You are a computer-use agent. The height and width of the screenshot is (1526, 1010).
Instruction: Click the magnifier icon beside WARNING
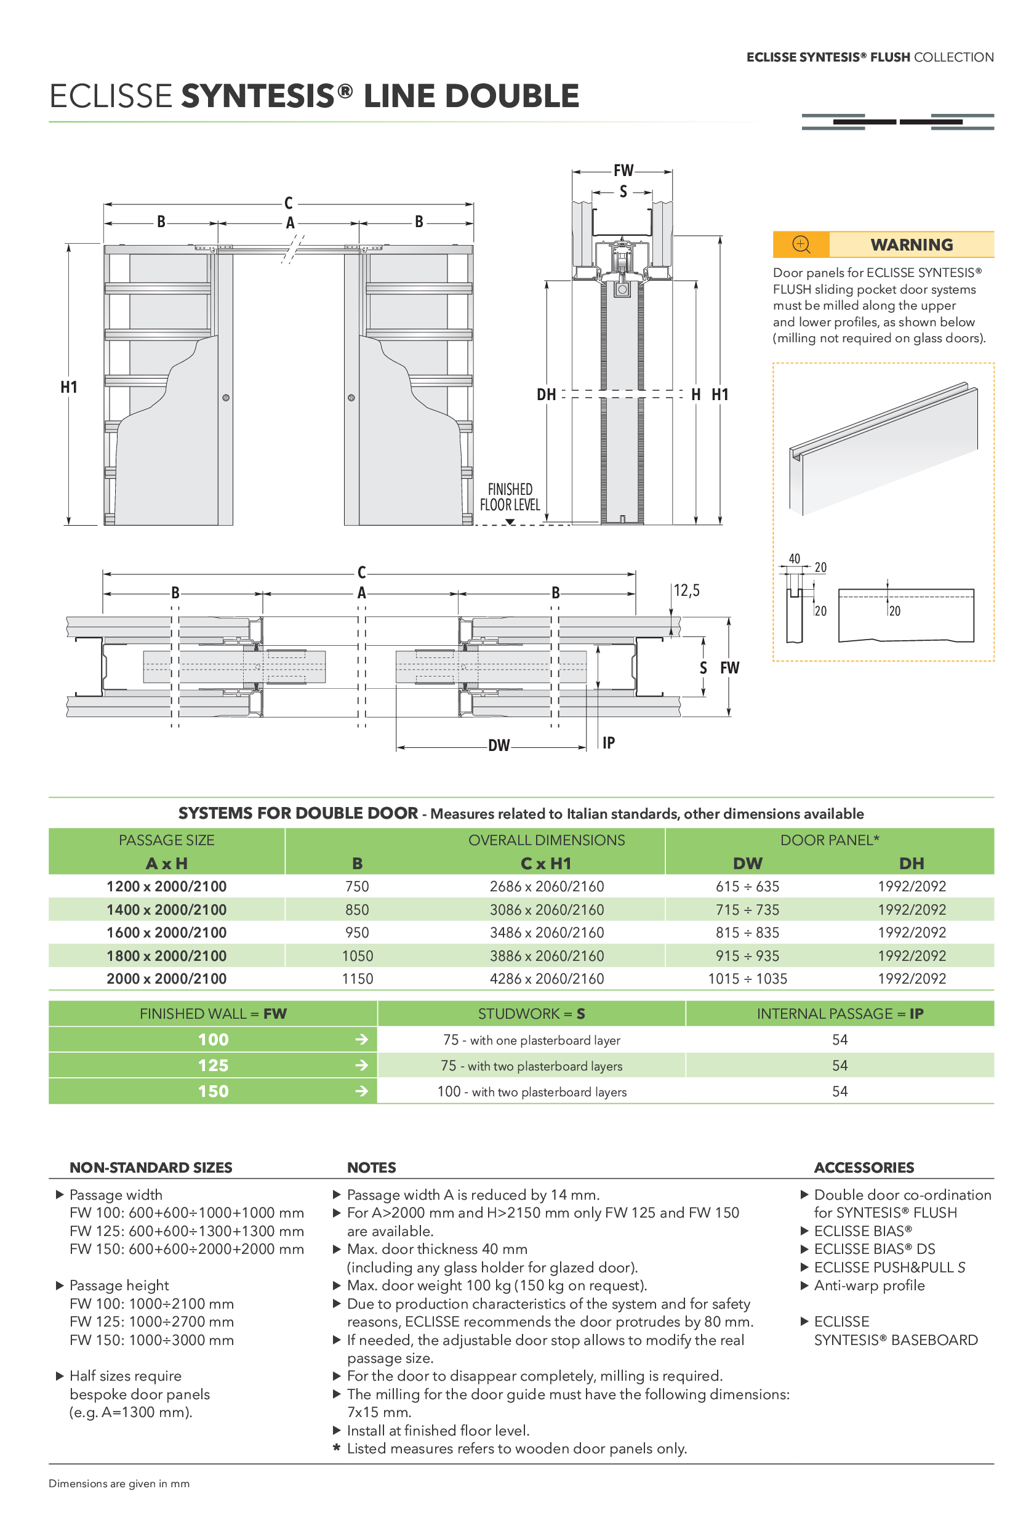tap(801, 244)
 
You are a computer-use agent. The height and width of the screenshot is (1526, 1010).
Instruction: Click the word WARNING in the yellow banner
tap(911, 245)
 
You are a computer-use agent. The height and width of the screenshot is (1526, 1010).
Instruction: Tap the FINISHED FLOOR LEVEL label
tap(510, 497)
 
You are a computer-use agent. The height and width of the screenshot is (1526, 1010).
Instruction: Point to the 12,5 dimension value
tap(686, 590)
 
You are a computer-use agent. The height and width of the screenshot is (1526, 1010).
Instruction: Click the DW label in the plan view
tap(499, 745)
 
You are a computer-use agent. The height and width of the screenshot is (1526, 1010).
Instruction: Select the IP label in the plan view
tap(608, 743)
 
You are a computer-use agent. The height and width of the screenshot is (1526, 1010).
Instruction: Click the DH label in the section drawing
tap(546, 394)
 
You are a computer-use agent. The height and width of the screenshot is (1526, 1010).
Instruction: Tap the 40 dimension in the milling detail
tap(794, 558)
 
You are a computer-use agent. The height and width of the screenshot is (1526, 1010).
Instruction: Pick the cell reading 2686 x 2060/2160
tap(546, 886)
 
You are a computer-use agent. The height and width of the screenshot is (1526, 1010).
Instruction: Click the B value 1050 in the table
tap(357, 956)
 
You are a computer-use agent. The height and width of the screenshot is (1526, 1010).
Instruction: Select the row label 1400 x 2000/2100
tap(166, 910)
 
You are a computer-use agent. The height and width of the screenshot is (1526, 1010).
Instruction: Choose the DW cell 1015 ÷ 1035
tap(747, 979)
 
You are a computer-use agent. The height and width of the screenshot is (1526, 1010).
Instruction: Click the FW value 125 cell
tap(212, 1066)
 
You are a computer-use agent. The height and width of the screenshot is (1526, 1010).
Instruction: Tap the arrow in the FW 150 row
tap(362, 1091)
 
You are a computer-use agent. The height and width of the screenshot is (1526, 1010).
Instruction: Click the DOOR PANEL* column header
tap(829, 840)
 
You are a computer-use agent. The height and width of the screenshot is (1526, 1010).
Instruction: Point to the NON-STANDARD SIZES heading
tap(151, 1167)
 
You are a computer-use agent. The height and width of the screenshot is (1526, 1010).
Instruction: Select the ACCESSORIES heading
tap(864, 1167)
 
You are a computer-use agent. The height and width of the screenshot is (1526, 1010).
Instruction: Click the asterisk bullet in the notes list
tap(336, 1448)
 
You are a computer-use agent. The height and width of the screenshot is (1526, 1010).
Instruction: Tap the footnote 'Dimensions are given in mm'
tap(119, 1484)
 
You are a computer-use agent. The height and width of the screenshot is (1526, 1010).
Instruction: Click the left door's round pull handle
tap(225, 398)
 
